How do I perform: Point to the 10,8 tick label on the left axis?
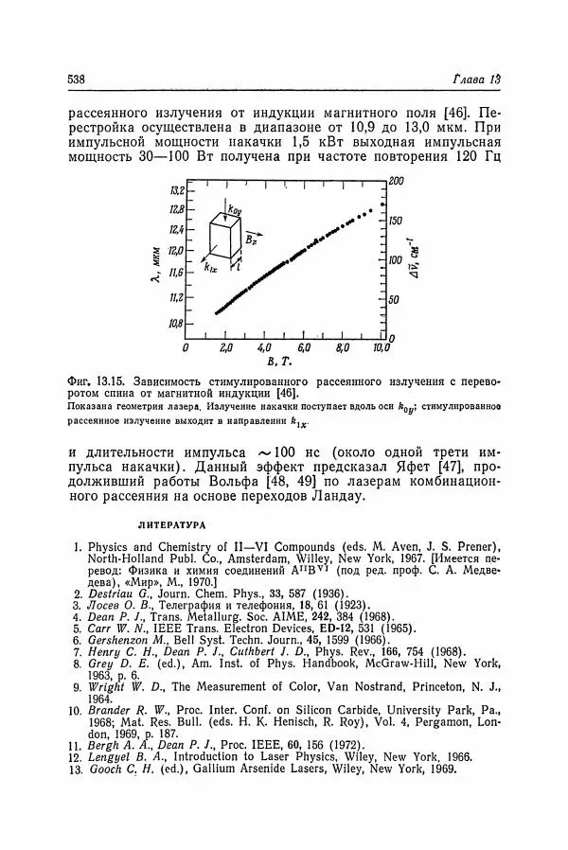click(x=175, y=324)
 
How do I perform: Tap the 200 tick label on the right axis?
click(x=397, y=180)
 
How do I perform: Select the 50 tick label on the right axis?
click(x=394, y=300)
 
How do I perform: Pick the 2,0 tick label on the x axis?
click(x=224, y=349)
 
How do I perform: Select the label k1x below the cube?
click(x=210, y=269)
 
